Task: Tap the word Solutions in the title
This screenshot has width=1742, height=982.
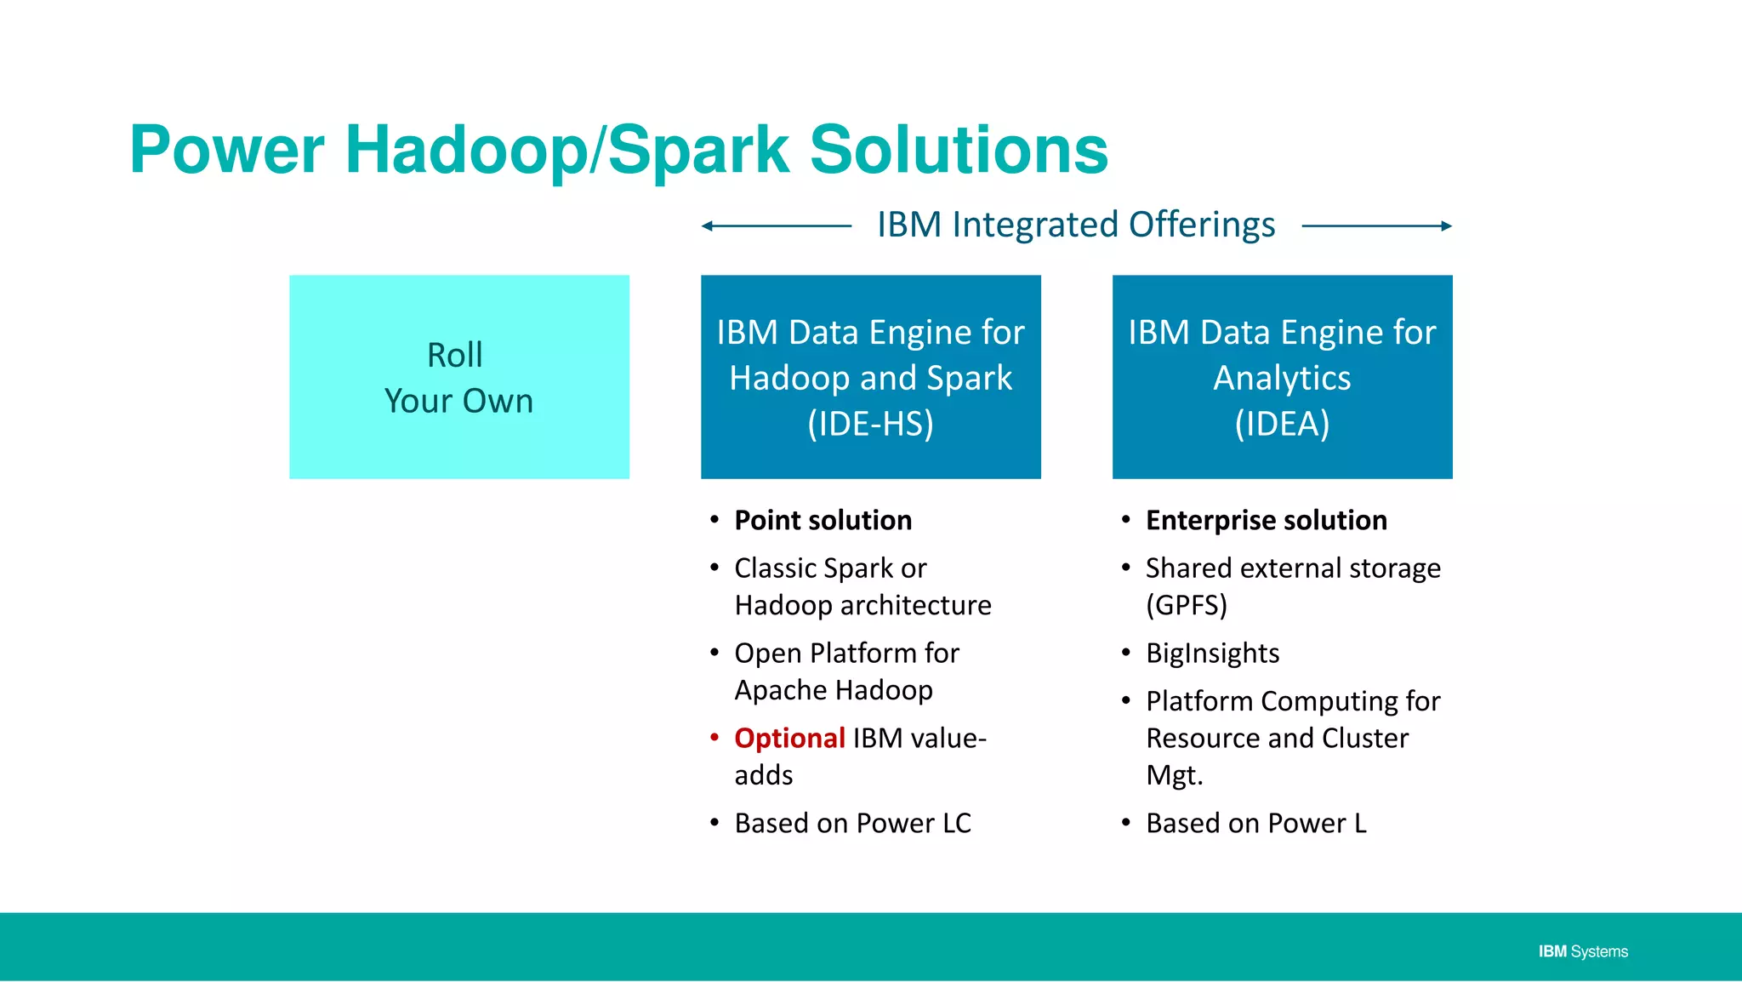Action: click(x=959, y=150)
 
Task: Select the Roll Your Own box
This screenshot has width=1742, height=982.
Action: click(x=459, y=377)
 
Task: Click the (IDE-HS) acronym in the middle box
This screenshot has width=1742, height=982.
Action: click(x=870, y=424)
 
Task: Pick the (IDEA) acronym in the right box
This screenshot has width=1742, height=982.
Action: click(x=1282, y=424)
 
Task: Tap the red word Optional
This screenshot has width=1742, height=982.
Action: click(x=789, y=738)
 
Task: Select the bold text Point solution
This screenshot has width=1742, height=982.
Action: click(x=823, y=520)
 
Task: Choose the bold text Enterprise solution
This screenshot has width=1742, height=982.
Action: click(x=1266, y=520)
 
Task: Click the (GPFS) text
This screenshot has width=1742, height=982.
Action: click(x=1186, y=605)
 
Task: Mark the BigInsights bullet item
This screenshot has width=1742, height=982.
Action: click(x=1212, y=653)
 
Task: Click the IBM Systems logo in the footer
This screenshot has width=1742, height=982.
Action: click(x=1583, y=951)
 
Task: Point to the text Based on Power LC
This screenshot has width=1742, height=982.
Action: click(x=852, y=823)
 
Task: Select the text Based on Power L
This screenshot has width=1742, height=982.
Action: click(x=1255, y=823)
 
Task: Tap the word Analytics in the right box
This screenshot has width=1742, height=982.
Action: click(x=1282, y=378)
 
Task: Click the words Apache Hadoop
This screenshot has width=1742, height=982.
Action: click(x=834, y=690)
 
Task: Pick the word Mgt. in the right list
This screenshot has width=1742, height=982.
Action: click(x=1174, y=775)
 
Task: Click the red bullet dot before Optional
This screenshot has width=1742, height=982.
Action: click(x=714, y=737)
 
